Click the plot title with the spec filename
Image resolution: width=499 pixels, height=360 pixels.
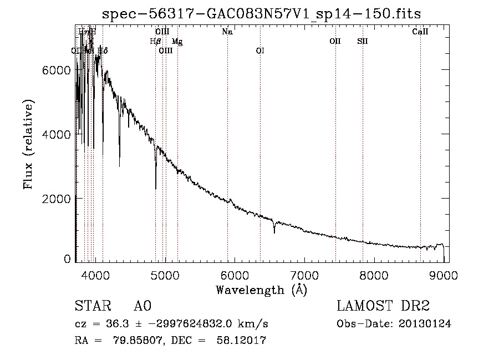click(262, 13)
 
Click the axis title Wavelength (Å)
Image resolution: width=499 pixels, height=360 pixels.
click(261, 289)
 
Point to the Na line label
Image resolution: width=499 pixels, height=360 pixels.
click(227, 32)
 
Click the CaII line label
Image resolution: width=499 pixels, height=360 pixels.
click(420, 32)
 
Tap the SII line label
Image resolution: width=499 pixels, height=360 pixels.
click(363, 41)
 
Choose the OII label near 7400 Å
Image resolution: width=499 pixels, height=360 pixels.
click(335, 41)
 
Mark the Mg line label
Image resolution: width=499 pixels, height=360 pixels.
click(177, 41)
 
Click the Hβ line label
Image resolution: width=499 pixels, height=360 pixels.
click(155, 41)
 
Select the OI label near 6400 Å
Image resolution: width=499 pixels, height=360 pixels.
click(260, 50)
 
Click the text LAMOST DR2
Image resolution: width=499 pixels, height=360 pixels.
click(383, 306)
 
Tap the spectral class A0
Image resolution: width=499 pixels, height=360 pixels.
click(142, 306)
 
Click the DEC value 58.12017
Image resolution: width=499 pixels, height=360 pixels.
click(243, 341)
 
